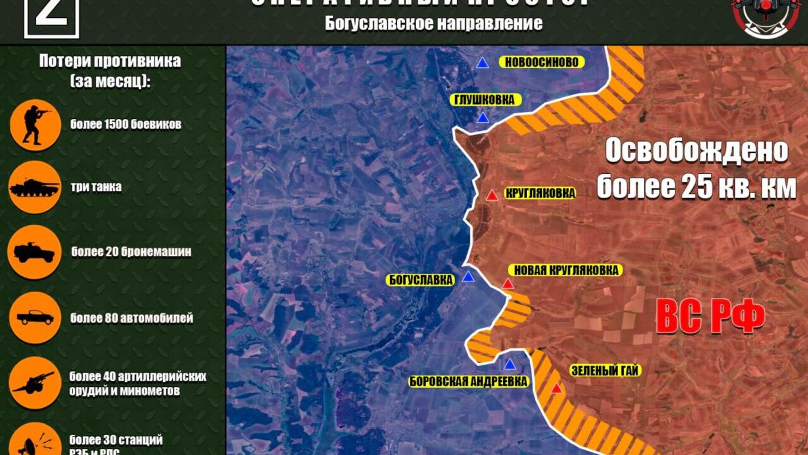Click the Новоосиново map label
(x=542, y=62)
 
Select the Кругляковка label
(x=540, y=193)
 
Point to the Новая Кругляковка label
(x=566, y=270)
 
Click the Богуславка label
(x=420, y=280)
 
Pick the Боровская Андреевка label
(x=468, y=382)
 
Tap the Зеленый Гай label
(x=605, y=371)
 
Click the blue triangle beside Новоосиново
(x=483, y=63)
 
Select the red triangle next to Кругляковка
(x=492, y=195)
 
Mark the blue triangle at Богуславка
(x=468, y=277)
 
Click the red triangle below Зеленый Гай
(x=556, y=388)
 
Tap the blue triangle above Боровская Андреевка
(x=510, y=364)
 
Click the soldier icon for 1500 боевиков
(x=35, y=125)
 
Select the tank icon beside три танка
(x=35, y=187)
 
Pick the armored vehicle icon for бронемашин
(x=35, y=252)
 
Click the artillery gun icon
(x=35, y=383)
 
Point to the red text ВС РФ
(x=711, y=317)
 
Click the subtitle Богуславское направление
(x=433, y=24)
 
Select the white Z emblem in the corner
(x=51, y=17)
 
